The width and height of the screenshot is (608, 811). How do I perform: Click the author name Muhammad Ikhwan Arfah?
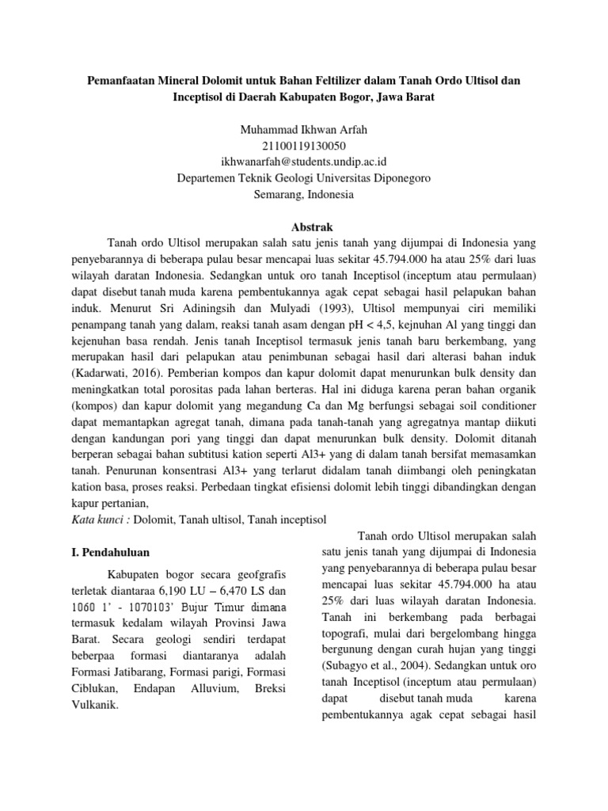pyautogui.click(x=303, y=128)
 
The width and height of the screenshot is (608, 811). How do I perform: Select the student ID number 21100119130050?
pyautogui.click(x=303, y=145)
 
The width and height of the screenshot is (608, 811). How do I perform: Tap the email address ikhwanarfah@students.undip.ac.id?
pyautogui.click(x=303, y=162)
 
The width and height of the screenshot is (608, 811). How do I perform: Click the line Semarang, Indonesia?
pyautogui.click(x=303, y=195)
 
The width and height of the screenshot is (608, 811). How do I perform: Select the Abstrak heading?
pyautogui.click(x=303, y=227)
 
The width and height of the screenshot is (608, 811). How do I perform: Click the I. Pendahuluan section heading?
pyautogui.click(x=106, y=552)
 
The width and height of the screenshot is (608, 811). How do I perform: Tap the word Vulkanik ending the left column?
pyautogui.click(x=93, y=706)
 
